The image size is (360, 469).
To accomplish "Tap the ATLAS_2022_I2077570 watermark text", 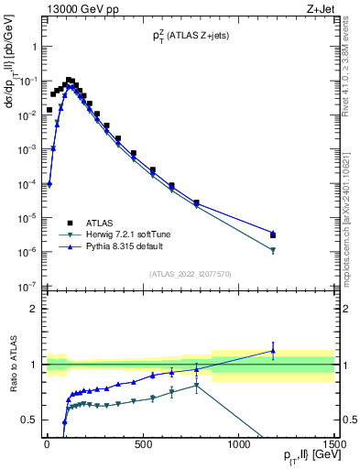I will (190, 274).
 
